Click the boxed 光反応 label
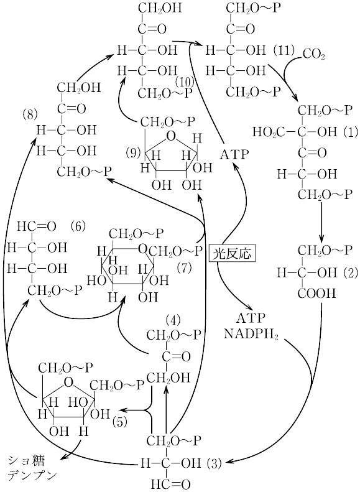pos(233,253)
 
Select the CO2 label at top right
pos(313,55)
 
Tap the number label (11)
pos(284,50)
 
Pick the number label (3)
pos(215,463)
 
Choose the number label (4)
pos(173,320)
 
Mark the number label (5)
pos(120,422)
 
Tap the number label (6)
pos(77,226)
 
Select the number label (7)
pos(184,268)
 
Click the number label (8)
pos(30,115)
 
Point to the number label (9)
pos(133,153)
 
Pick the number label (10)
pos(185,82)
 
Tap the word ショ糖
pos(26,462)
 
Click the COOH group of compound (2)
pos(316,294)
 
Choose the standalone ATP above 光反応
pos(234,154)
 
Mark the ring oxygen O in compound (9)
pos(171,136)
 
